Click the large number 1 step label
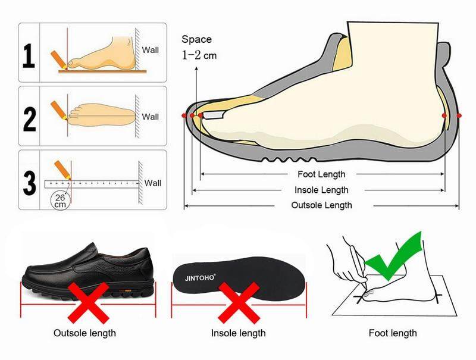pos(29,55)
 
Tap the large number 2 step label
pos(29,119)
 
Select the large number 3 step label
pos(29,183)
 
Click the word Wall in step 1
pos(151,50)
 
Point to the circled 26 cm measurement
pos(60,201)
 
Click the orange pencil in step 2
pos(59,111)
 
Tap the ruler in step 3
pos(92,184)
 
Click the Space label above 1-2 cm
pos(197,39)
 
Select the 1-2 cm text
pos(199,55)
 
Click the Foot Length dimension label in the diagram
pos(321,174)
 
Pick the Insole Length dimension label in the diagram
pos(321,190)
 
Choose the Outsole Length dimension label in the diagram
pos(321,205)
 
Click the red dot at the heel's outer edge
pos(459,115)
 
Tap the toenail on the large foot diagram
pos(213,115)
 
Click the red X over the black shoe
pos(88,303)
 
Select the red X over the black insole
pos(239,303)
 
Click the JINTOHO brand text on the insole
pos(200,277)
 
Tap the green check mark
pos(393,256)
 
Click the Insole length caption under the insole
pos(239,333)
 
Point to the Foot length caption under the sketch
pos(393,333)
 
